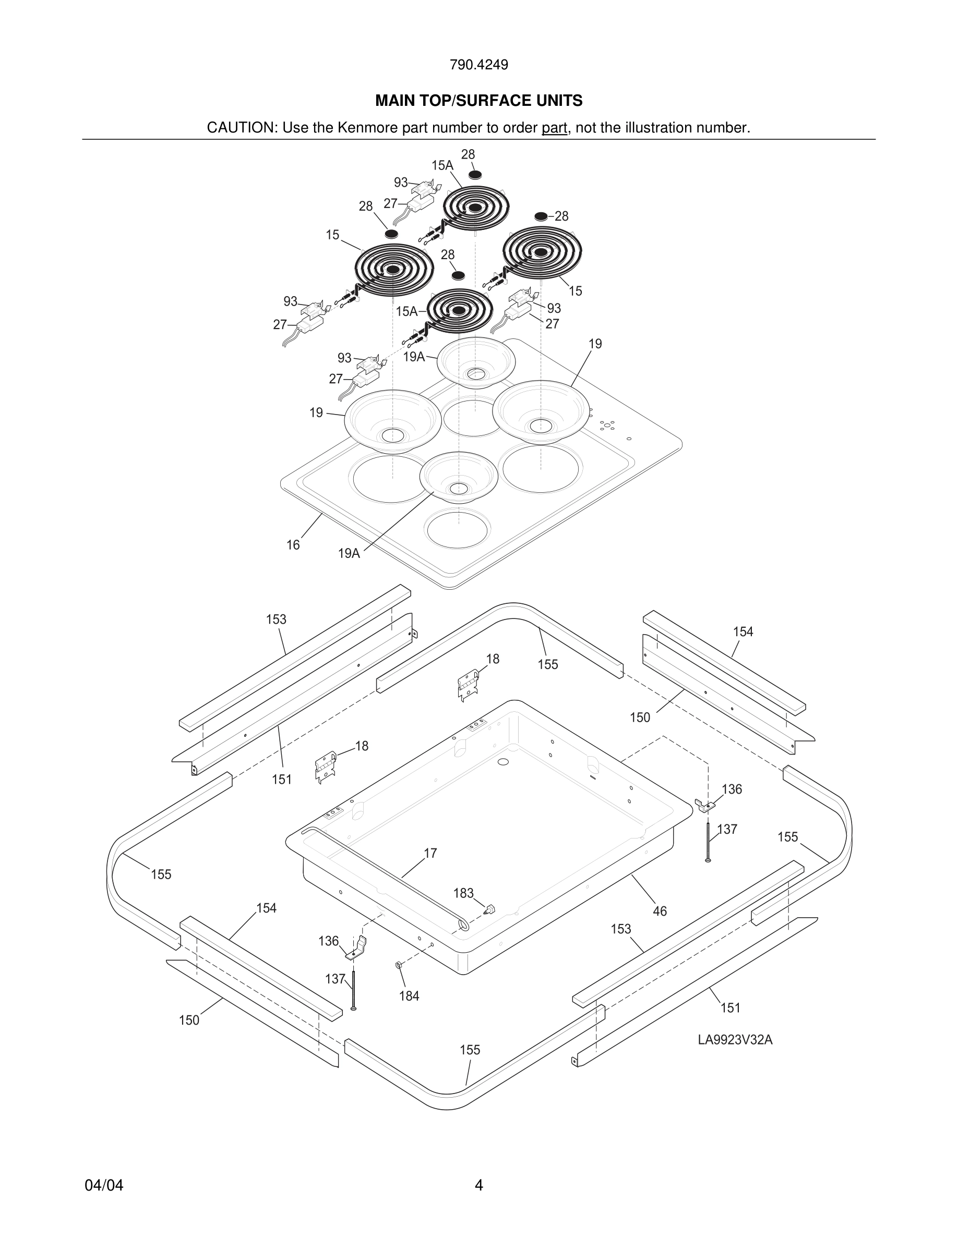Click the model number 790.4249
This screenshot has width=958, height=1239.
click(x=478, y=65)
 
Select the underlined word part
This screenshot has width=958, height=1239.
click(x=554, y=128)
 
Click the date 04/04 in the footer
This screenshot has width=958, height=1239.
click(x=104, y=1185)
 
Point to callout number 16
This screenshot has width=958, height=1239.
click(x=293, y=544)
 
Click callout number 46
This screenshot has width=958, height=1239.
click(x=660, y=911)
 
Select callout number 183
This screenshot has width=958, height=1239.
click(x=463, y=893)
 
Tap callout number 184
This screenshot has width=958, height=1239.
click(x=409, y=995)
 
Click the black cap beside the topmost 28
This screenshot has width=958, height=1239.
click(x=475, y=174)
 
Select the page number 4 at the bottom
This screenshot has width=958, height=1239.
click(x=478, y=1185)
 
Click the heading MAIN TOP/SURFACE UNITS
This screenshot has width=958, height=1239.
click(x=478, y=101)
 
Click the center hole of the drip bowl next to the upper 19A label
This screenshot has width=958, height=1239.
click(x=475, y=374)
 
